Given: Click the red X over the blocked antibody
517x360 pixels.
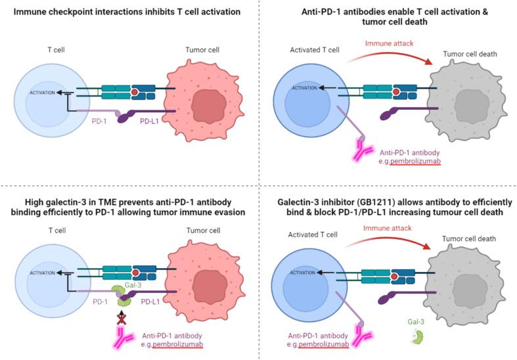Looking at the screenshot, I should click(x=121, y=319).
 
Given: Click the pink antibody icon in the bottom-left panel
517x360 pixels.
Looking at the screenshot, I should click(x=121, y=338).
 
